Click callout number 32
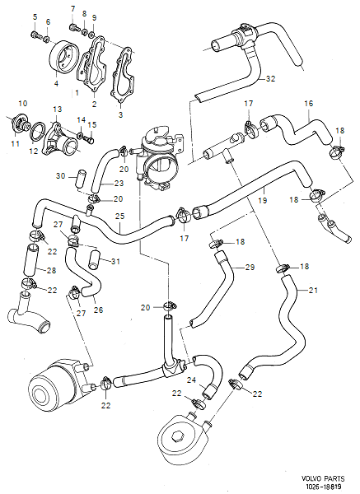270,81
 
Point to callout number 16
309,105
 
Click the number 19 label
262,200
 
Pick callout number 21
312,291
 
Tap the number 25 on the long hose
119,217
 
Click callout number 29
250,268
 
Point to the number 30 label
60,175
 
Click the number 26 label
98,310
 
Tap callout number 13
57,110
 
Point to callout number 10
22,103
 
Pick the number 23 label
118,183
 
